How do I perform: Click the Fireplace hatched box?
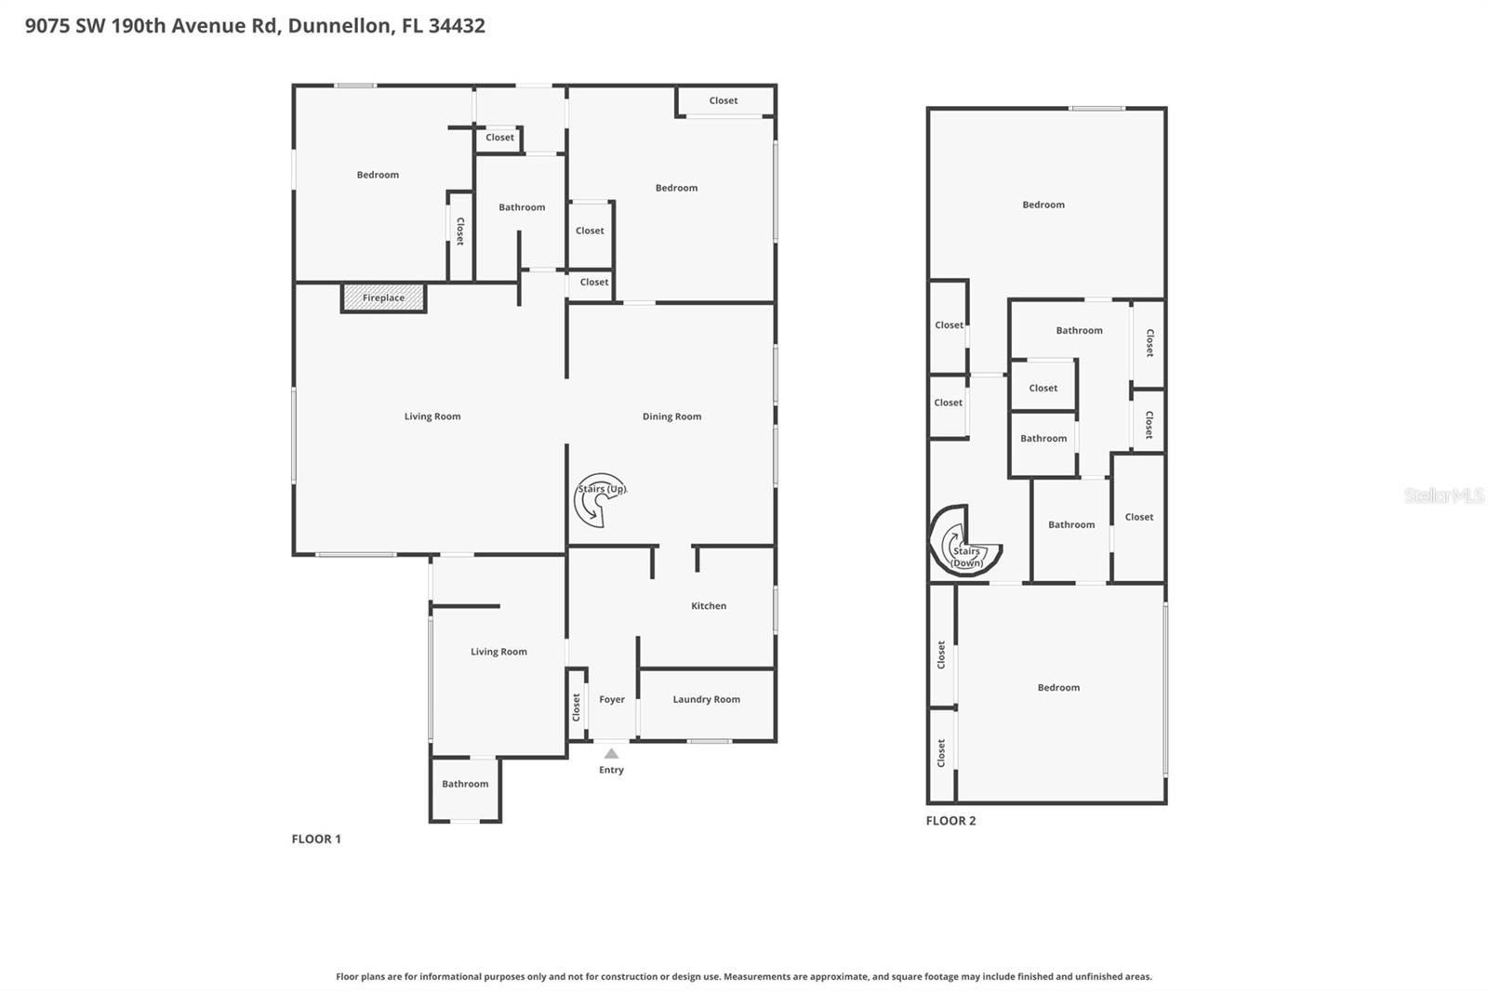(383, 297)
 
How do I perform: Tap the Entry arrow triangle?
(611, 754)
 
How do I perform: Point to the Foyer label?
(611, 700)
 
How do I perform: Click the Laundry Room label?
(706, 700)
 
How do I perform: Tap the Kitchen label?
(708, 606)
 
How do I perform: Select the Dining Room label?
(671, 416)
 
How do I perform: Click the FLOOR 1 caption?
(316, 839)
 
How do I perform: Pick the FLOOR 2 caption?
(950, 820)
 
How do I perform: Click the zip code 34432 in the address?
(457, 25)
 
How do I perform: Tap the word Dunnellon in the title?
(339, 25)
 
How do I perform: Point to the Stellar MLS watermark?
(1443, 495)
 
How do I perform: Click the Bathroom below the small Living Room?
(465, 784)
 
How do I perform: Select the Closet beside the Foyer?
(577, 707)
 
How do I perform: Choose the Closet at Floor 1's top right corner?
(724, 100)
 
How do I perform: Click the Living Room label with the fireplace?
(432, 416)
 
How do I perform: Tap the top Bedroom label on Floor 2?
(1043, 205)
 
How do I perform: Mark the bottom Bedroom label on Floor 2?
(1058, 688)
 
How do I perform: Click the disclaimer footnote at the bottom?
(743, 976)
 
